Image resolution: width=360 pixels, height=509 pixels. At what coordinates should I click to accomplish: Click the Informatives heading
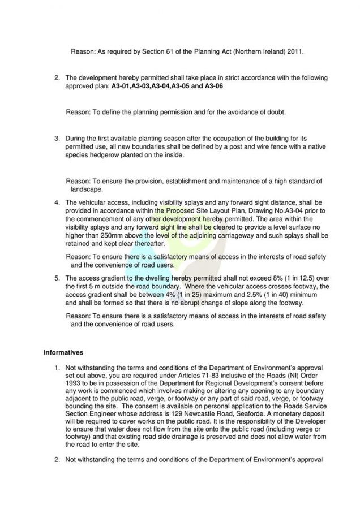pos(63,352)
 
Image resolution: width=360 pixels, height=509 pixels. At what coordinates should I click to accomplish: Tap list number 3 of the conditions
pos(57,138)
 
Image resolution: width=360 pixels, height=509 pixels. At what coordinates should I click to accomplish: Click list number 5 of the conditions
pos(57,278)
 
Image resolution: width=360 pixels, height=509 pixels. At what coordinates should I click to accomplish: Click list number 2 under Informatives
pos(57,460)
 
